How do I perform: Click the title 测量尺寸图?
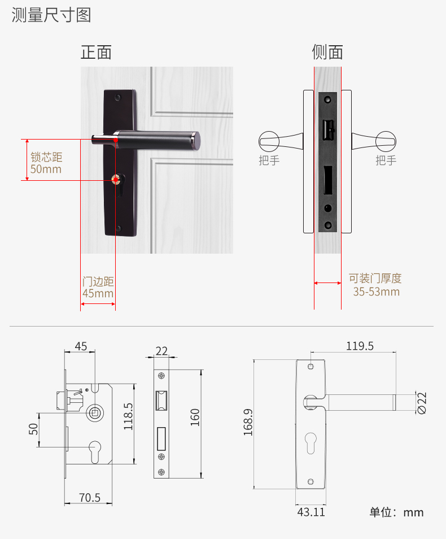(51, 15)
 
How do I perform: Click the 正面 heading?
(96, 52)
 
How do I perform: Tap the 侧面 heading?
(327, 52)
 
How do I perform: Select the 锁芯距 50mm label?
(46, 163)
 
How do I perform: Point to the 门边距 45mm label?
(98, 288)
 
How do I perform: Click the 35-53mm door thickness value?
(376, 292)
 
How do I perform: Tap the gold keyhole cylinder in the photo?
(116, 180)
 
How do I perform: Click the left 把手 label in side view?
(269, 160)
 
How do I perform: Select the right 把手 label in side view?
(386, 160)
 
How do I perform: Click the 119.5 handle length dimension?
(360, 346)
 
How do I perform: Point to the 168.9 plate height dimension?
(248, 422)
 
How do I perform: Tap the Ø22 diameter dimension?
(422, 403)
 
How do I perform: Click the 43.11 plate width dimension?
(311, 512)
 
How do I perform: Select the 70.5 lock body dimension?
(90, 497)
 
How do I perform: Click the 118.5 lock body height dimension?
(128, 416)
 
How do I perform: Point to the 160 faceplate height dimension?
(195, 418)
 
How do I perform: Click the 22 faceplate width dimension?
(161, 351)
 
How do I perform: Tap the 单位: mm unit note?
(396, 512)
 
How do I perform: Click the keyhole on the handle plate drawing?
(311, 444)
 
